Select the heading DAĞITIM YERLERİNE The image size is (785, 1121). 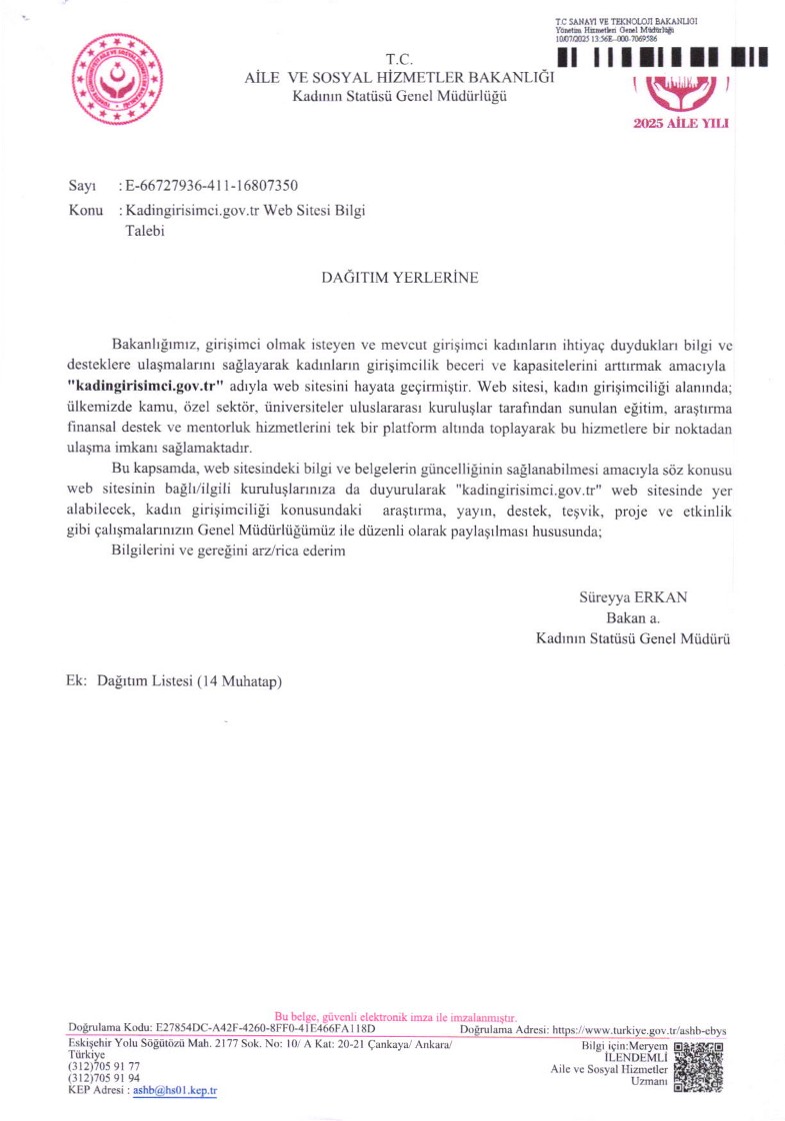399,278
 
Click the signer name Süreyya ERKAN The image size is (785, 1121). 634,597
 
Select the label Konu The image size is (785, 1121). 86,211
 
